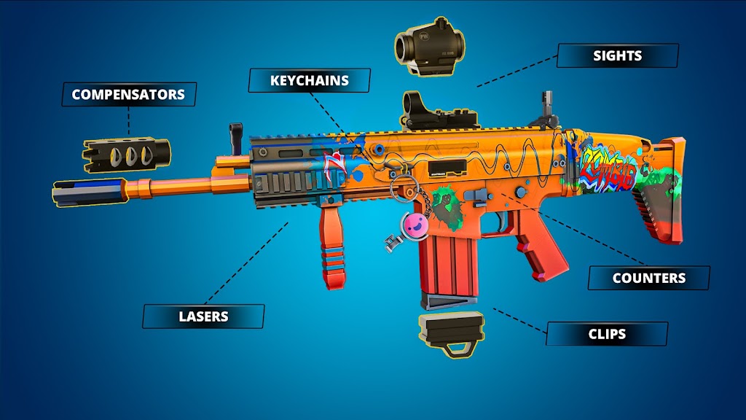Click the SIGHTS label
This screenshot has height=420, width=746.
tap(618, 55)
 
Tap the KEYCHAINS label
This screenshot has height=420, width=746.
tap(309, 80)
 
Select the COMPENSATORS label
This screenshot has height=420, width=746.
tap(128, 94)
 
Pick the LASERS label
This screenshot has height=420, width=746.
tap(203, 316)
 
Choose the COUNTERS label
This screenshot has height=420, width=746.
tap(649, 278)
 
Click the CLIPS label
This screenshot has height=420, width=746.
tap(607, 334)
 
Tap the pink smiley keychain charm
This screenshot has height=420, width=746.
tap(415, 225)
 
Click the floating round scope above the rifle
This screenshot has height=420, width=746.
tap(430, 46)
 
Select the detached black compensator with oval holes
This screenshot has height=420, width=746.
tap(126, 155)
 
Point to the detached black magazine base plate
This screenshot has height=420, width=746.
tap(452, 333)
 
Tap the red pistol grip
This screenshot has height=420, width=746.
tap(540, 244)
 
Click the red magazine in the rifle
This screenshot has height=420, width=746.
tap(448, 267)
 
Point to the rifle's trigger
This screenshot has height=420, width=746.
tap(500, 222)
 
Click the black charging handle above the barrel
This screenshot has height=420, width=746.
tap(236, 138)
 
